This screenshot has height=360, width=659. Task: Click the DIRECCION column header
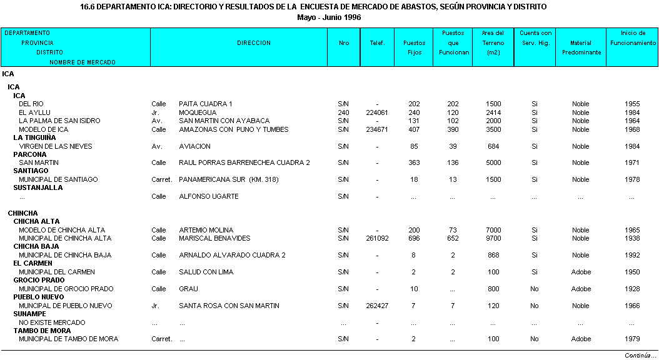pos(254,43)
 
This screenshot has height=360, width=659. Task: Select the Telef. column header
pos(377,43)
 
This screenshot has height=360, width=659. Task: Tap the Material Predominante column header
pos(581,47)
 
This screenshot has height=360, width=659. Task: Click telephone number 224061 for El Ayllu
pos(377,112)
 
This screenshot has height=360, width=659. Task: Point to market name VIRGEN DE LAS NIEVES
pos(56,146)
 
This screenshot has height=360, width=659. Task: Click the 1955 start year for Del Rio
pos(632,104)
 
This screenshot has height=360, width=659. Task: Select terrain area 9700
pos(493,238)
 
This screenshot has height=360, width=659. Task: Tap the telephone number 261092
pos(377,238)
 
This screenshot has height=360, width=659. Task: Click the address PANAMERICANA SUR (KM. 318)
pos(229,179)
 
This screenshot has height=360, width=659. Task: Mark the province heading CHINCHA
pos(23,213)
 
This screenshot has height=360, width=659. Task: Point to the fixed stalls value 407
pos(414,129)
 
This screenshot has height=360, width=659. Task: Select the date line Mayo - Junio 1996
pos(329,17)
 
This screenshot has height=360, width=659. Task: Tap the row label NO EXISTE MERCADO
pos(52,322)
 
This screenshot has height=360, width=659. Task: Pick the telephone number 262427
pos(377,306)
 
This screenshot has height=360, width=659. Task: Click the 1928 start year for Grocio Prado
pos(632,289)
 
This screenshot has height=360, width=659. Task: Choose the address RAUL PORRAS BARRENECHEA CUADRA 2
pos(244,162)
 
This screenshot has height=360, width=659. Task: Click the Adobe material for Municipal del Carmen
pos(581,272)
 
